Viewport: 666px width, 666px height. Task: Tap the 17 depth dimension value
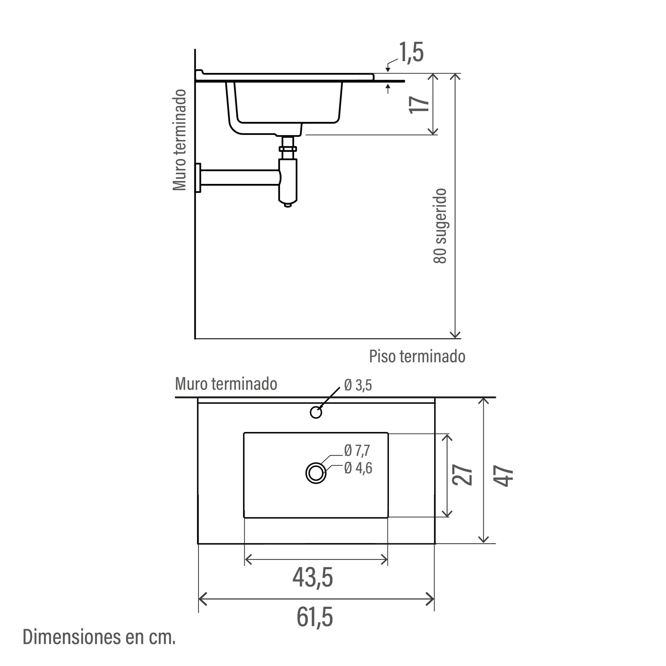[x=419, y=104]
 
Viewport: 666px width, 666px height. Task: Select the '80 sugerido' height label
[x=440, y=226]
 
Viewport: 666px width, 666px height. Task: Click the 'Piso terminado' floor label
[x=417, y=356]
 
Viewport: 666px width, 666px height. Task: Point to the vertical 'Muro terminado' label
[x=180, y=140]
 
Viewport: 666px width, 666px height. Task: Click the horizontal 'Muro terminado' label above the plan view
[x=226, y=384]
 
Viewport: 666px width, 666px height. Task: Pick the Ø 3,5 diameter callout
[x=358, y=385]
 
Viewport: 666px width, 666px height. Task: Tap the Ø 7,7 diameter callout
[x=357, y=450]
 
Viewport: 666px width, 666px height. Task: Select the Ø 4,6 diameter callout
[x=358, y=468]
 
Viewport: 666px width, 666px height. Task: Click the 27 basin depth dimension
[x=463, y=475]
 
